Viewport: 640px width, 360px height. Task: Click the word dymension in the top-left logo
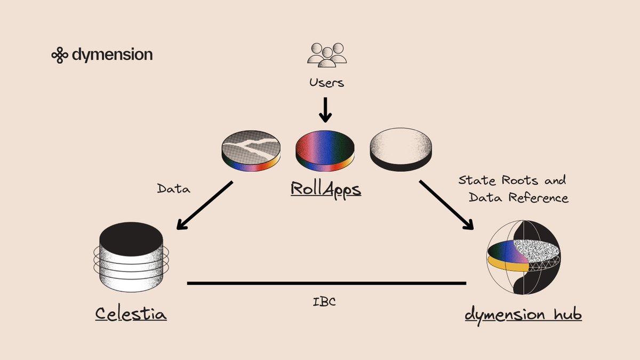111,54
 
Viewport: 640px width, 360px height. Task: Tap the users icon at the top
326,55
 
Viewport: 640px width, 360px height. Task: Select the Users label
326,83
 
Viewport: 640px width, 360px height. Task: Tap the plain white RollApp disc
401,150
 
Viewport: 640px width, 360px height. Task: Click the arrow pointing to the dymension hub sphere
446,205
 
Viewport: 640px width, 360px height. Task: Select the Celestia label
131,313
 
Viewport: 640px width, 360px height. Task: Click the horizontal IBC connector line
326,283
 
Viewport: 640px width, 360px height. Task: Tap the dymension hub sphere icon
523,259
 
